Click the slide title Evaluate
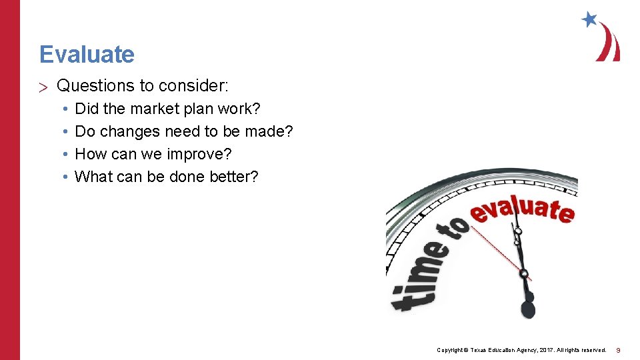87,54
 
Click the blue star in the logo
589,19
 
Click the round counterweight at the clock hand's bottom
527,310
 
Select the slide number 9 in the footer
618,350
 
